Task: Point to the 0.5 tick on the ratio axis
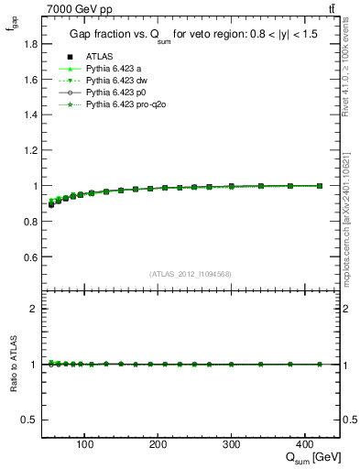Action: pos(30,420)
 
